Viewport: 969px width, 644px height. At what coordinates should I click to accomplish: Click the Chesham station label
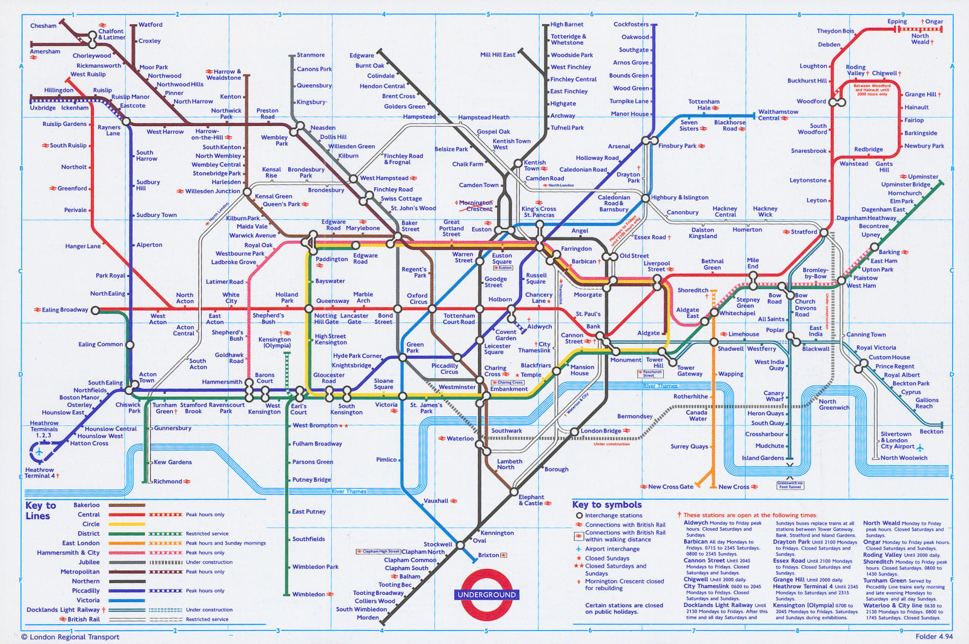[x=43, y=25]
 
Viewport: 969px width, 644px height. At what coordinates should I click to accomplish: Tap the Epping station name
[x=897, y=22]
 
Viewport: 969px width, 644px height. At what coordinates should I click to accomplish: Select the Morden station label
[x=368, y=617]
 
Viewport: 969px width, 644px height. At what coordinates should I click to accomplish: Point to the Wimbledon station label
[x=308, y=594]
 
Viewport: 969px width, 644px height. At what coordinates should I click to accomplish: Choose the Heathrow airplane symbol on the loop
[x=39, y=451]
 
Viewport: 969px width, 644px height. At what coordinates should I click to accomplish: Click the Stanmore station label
[x=311, y=55]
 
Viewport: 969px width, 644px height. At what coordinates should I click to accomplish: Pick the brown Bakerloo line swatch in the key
[x=127, y=505]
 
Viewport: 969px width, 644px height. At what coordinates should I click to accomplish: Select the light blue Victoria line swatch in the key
[x=127, y=600]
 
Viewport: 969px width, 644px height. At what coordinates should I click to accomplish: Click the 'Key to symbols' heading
[x=607, y=505]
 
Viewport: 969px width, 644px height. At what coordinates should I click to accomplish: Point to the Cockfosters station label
[x=630, y=24]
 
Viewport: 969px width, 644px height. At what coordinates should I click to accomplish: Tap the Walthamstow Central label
[x=778, y=115]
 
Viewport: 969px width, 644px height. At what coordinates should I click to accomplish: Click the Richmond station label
[x=168, y=482]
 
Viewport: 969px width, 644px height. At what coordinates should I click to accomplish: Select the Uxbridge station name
[x=42, y=108]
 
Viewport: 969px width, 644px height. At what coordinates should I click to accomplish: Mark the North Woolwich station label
[x=904, y=458]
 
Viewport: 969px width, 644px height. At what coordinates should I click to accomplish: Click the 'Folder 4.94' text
[x=934, y=637]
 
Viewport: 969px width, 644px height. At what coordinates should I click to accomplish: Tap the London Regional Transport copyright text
[x=70, y=637]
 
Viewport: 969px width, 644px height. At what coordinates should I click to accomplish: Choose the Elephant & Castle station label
[x=531, y=500]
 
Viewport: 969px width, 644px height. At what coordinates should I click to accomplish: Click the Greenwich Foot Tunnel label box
[x=790, y=485]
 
